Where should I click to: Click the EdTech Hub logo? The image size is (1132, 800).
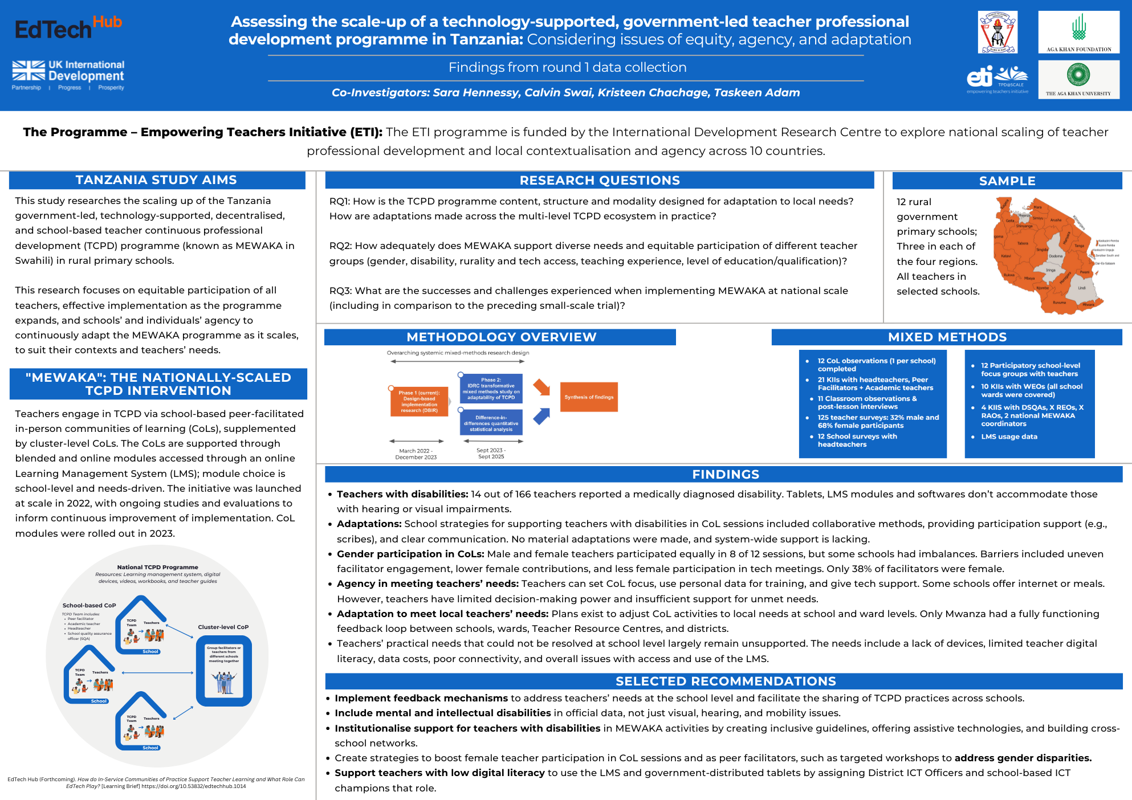pos(68,28)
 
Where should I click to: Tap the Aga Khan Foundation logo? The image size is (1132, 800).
pos(1078,32)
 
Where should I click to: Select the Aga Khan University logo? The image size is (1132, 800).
pos(1078,79)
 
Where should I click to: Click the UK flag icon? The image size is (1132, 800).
pos(28,71)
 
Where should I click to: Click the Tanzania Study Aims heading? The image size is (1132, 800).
pos(156,180)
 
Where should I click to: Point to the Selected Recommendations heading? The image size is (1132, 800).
pos(726,681)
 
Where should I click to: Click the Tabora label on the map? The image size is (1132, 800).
pos(1023,243)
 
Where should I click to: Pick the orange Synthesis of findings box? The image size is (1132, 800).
pos(589,397)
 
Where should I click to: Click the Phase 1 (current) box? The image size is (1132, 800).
pos(419,401)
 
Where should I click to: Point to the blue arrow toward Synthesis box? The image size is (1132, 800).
pos(541,416)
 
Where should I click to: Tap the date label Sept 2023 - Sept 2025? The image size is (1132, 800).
pos(491,454)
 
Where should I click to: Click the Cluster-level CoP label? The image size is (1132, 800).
pos(223,627)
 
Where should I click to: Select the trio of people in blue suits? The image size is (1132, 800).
pos(224,682)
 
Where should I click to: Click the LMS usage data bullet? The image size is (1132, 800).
pos(1009,437)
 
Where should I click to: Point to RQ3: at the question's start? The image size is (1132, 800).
pos(341,291)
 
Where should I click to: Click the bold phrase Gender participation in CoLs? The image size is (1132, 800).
pos(410,554)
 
